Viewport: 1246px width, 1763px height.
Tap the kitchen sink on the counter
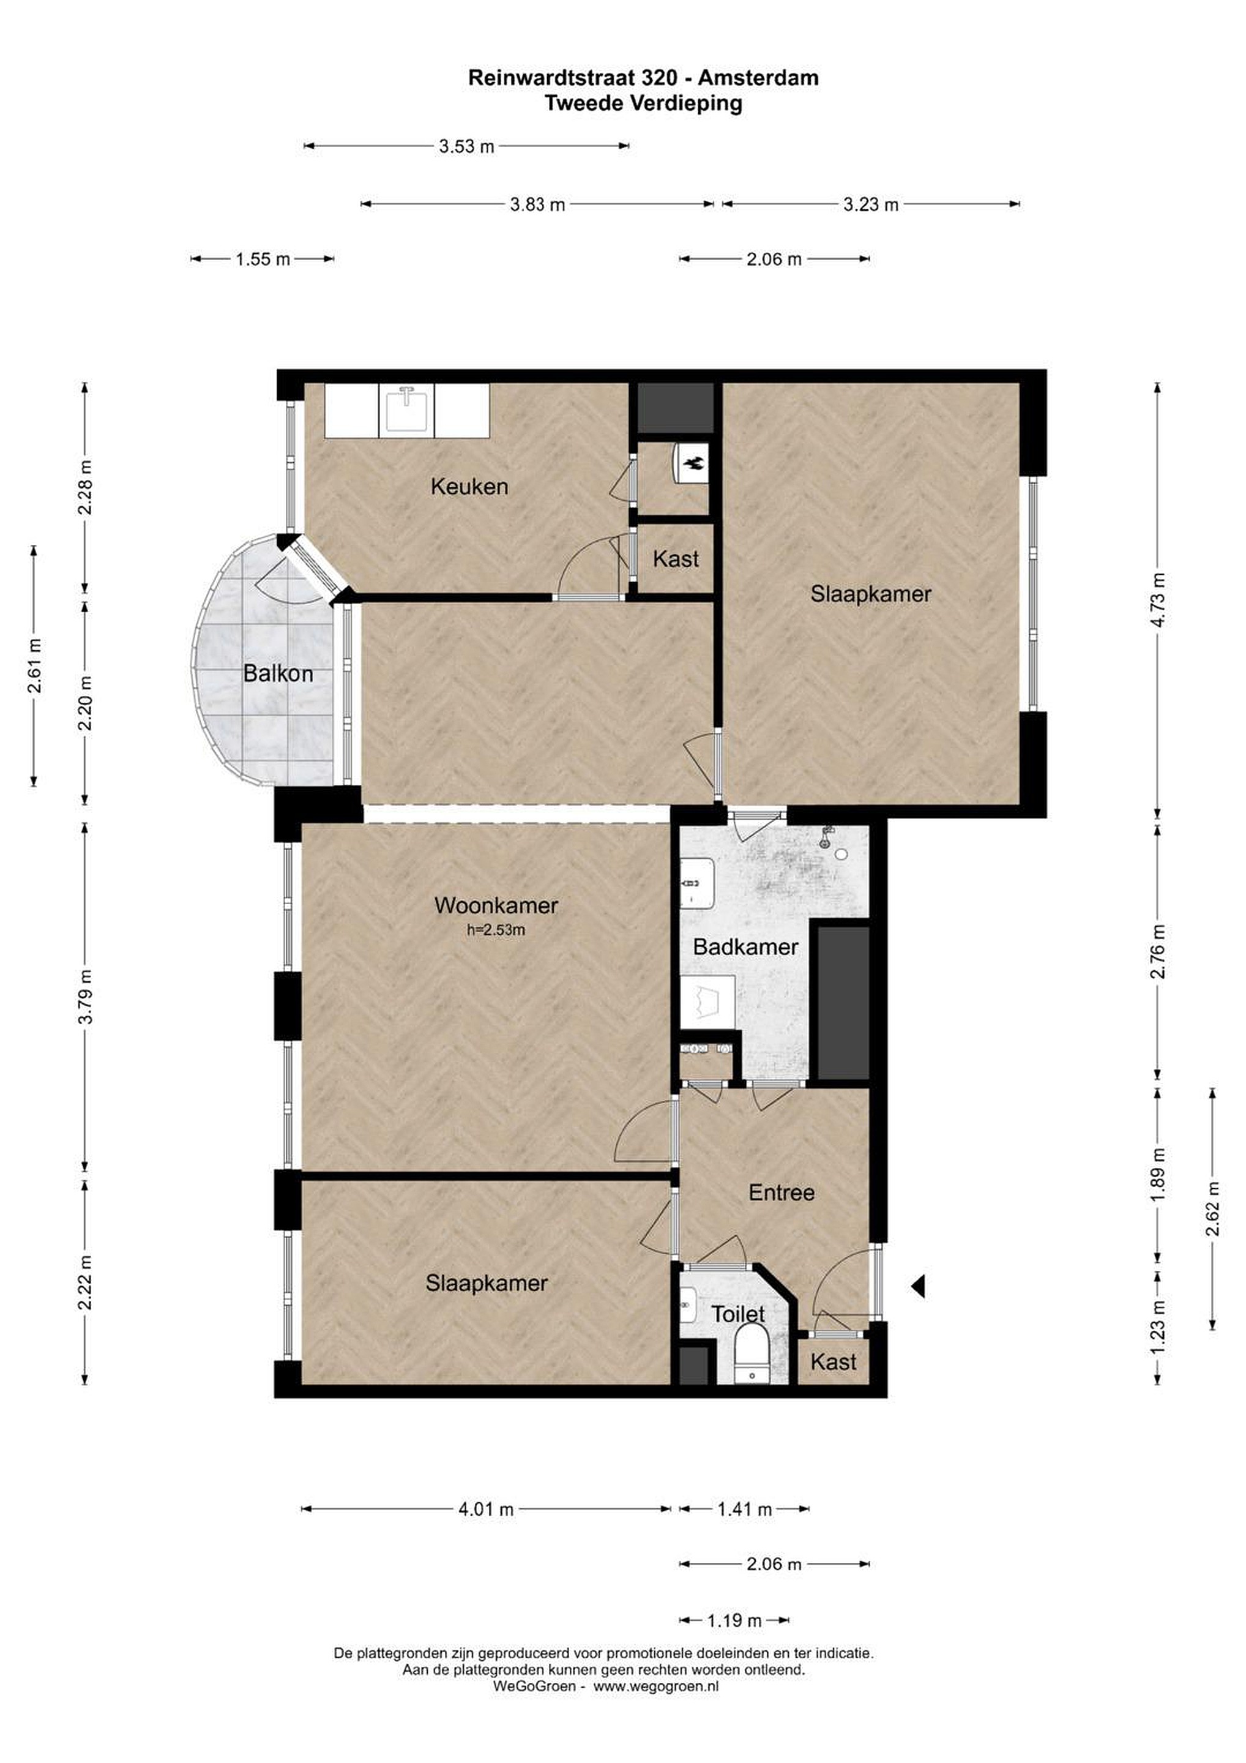click(x=406, y=410)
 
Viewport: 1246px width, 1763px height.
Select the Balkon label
click(x=278, y=673)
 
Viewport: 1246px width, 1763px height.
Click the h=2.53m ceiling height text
click(x=496, y=930)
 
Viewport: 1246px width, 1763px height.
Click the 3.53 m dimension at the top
click(x=467, y=146)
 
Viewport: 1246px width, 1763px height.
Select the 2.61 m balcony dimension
click(x=34, y=666)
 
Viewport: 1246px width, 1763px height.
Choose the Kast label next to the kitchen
click(x=676, y=558)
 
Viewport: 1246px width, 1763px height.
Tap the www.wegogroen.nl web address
click(x=657, y=1686)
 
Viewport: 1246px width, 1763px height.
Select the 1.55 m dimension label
click(x=263, y=259)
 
